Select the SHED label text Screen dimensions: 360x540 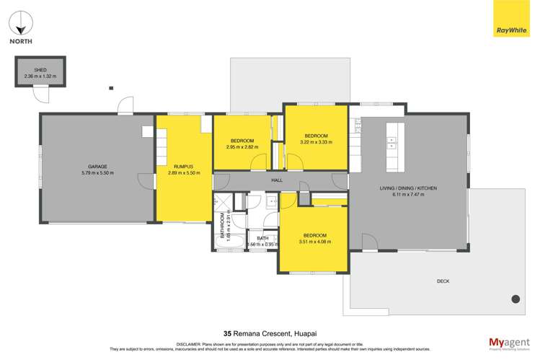[x=40, y=70]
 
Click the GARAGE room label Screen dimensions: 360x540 [x=97, y=167]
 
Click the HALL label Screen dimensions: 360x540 [x=277, y=180]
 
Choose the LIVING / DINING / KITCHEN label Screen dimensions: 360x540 [x=408, y=188]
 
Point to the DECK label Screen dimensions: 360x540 [x=443, y=281]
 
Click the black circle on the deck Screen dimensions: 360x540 [x=515, y=299]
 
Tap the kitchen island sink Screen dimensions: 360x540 [x=393, y=141]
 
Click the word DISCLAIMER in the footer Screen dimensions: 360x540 [x=172, y=344]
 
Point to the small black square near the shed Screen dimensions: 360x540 [x=111, y=88]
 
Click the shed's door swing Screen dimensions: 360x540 [x=43, y=94]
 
